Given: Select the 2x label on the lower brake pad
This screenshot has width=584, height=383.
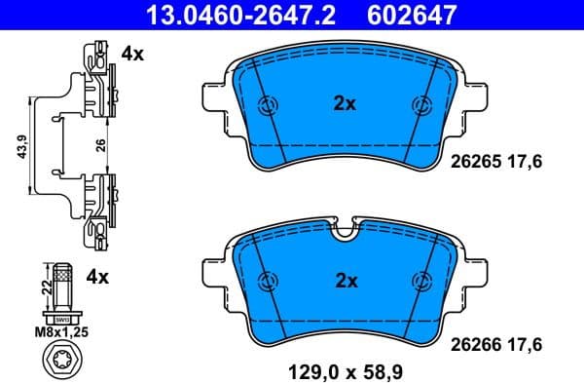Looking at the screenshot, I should coord(347,281).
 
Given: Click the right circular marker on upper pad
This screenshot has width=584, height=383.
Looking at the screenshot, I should coord(422,105).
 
